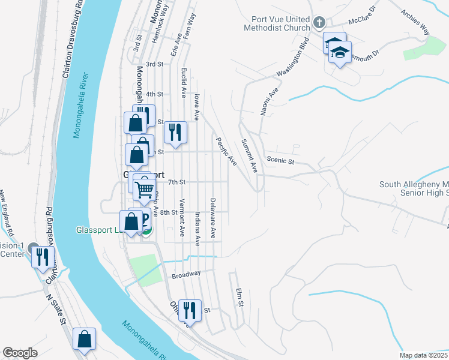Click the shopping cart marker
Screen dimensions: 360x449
[145, 190]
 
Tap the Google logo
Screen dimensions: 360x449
[20, 353]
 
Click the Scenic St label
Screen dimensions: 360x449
[280, 161]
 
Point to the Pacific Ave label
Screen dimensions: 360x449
[226, 151]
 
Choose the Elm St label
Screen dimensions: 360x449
[240, 298]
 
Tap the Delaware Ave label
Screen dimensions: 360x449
[212, 217]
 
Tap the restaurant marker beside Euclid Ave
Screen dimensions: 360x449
[175, 132]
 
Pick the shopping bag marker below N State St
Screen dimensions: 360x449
[84, 338]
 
